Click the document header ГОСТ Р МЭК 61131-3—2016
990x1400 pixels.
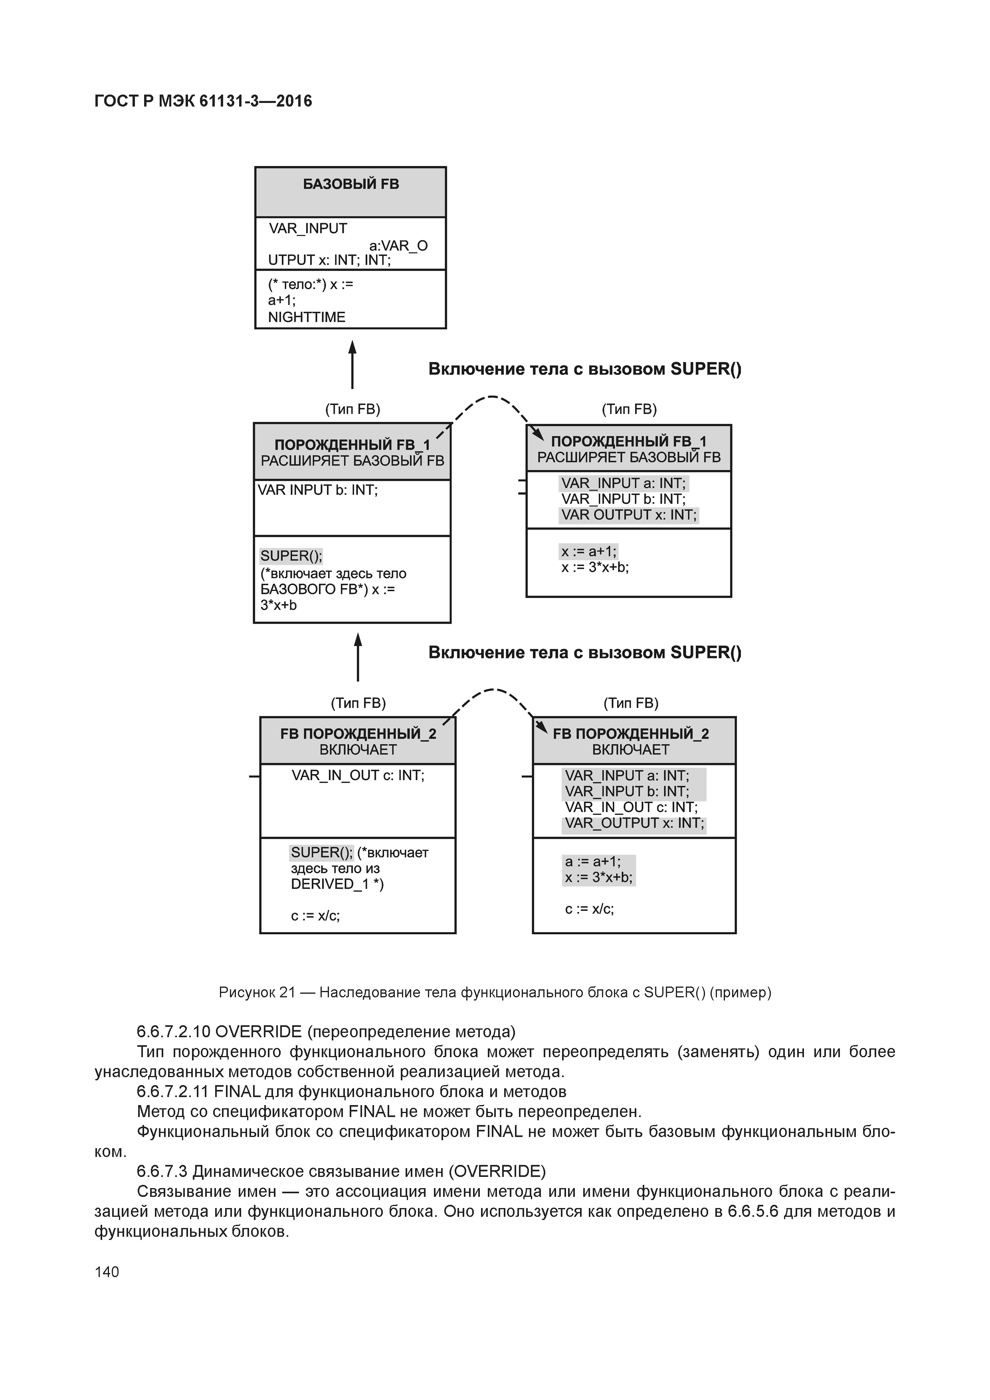click(x=203, y=101)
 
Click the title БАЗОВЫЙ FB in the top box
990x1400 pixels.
click(x=351, y=184)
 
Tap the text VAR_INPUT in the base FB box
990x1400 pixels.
click(x=308, y=229)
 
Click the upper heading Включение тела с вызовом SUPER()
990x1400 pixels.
click(x=584, y=370)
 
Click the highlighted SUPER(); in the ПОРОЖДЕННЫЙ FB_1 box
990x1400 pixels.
click(x=291, y=556)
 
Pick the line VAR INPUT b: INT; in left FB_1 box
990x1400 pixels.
click(x=318, y=490)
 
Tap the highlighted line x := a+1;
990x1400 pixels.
click(x=589, y=552)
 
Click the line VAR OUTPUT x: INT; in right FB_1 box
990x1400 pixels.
click(x=628, y=515)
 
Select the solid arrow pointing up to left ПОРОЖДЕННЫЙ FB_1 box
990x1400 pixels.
click(x=358, y=657)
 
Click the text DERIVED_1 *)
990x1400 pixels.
click(x=337, y=884)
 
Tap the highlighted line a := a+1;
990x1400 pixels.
click(x=592, y=862)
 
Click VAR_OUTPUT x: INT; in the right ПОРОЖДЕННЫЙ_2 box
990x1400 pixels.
click(x=634, y=823)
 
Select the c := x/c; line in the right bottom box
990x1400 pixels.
click(x=589, y=909)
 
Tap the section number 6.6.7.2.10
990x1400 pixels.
click(x=173, y=1032)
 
